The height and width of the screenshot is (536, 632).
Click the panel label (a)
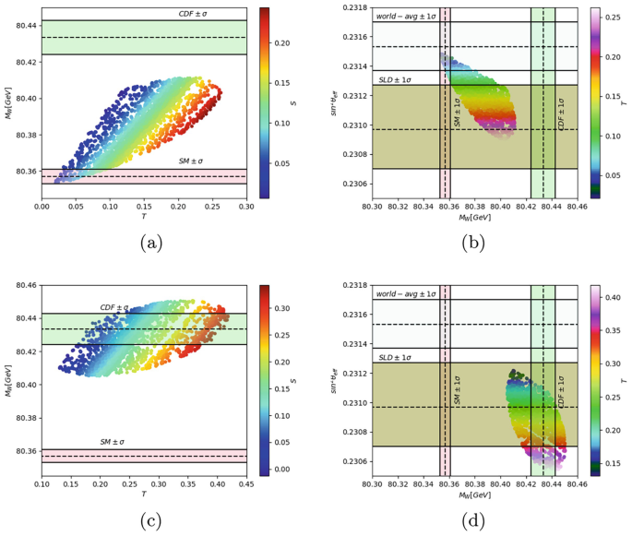150,243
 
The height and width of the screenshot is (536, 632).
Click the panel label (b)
473,243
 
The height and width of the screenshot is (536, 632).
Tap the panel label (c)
150,522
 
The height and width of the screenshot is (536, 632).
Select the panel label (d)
473,522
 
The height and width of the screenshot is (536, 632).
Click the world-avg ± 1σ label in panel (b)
406,16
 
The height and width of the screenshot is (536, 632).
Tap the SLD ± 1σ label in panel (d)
392,356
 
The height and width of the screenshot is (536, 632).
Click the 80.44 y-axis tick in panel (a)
26,25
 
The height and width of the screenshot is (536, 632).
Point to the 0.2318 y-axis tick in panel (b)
353,7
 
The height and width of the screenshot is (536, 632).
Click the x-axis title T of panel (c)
144,495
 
